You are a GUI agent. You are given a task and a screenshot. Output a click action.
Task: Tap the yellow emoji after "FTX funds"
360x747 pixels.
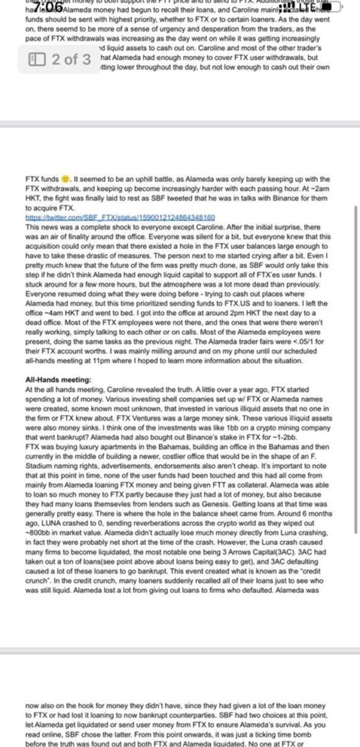(65, 179)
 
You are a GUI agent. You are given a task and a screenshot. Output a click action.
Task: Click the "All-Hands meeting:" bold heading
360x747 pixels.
(58, 380)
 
